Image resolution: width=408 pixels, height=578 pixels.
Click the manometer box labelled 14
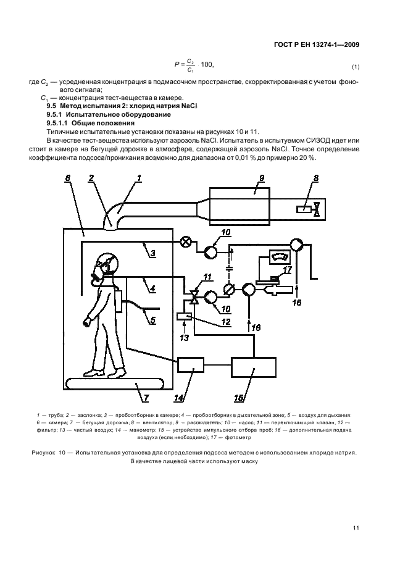[x=191, y=365]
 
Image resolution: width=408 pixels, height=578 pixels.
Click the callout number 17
[x=286, y=269]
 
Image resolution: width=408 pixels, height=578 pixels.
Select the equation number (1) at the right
[x=356, y=66]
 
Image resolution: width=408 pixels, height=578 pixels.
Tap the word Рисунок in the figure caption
[x=43, y=453]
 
